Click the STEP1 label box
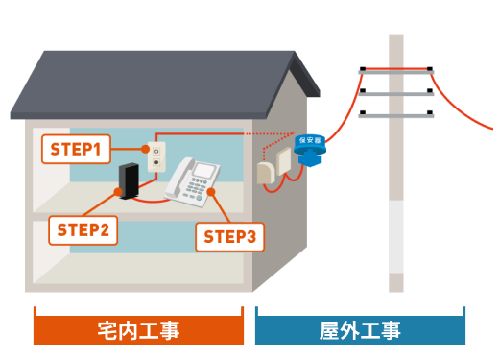tap(76, 149)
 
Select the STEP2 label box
tap(83, 230)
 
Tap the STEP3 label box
tap(230, 237)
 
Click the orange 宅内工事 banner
tap(138, 329)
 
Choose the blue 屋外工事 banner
tap(360, 329)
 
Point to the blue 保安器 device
tap(310, 150)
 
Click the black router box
tap(129, 181)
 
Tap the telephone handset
tap(178, 178)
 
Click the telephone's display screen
tap(205, 170)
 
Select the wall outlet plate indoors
tap(156, 156)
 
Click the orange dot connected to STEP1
tap(145, 149)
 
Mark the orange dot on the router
tap(118, 192)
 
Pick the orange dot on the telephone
tap(211, 192)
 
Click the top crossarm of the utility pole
tap(396, 72)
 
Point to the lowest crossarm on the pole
tap(396, 116)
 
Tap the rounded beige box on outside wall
tap(266, 173)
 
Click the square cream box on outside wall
tap(283, 161)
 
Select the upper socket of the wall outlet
tap(156, 151)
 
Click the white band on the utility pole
tap(396, 237)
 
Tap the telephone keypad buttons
tap(195, 189)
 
